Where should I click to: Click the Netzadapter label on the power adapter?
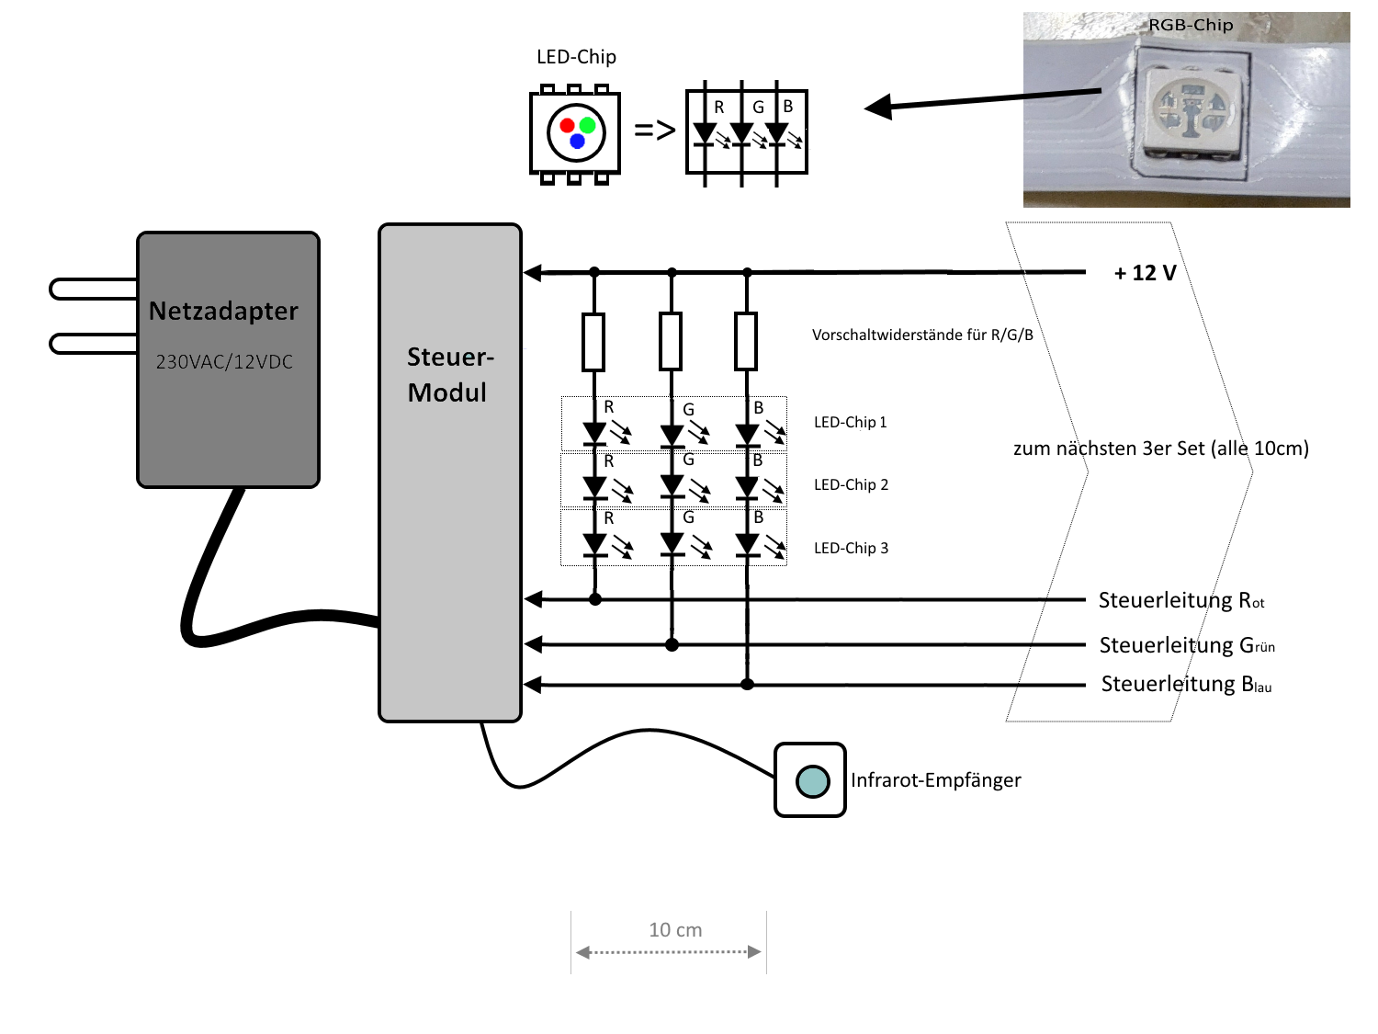click(223, 312)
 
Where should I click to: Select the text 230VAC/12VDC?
click(224, 362)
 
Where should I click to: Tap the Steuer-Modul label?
click(449, 374)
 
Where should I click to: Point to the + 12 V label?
click(1145, 273)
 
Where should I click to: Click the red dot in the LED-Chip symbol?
click(567, 126)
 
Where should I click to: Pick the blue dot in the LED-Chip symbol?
click(577, 142)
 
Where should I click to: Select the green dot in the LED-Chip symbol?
click(588, 126)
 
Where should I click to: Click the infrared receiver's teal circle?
click(812, 780)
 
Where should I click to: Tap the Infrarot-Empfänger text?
click(935, 780)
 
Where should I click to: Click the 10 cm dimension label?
click(675, 930)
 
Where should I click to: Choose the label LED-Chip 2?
click(851, 485)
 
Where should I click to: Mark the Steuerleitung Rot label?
click(1181, 601)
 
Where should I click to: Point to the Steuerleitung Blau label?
click(1186, 685)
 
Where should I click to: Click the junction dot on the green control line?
click(672, 644)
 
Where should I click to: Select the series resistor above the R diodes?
click(594, 342)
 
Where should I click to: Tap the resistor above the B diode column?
click(747, 342)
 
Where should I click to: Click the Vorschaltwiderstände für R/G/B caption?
click(922, 335)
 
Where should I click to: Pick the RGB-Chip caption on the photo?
click(1191, 26)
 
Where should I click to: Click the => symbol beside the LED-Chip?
click(654, 131)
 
